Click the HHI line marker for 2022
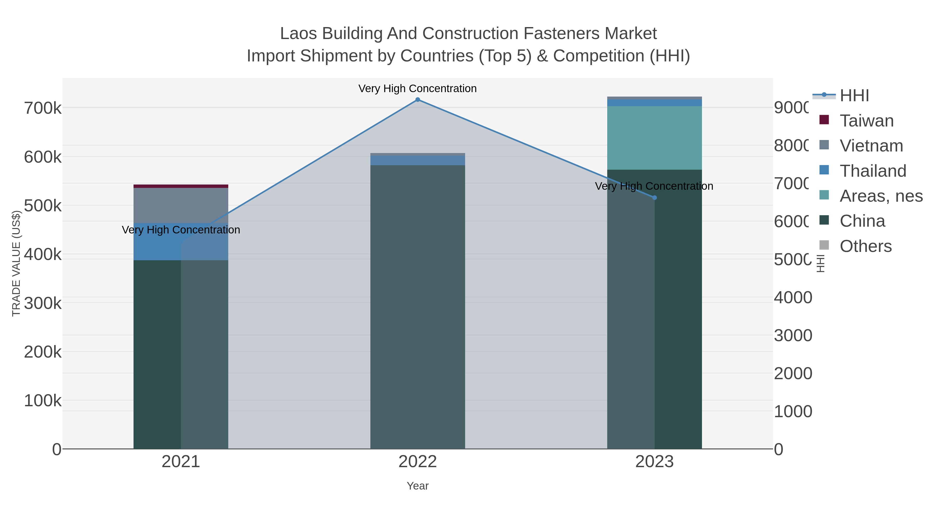[x=417, y=100]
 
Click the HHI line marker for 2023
[x=654, y=198]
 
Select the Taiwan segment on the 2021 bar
[x=181, y=186]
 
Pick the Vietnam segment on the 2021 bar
[x=181, y=206]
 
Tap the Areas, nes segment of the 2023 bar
[x=654, y=138]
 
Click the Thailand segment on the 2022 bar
[x=417, y=160]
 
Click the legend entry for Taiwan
[x=866, y=121]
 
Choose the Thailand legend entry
[x=873, y=171]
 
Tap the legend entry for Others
[x=865, y=246]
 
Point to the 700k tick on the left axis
[x=43, y=108]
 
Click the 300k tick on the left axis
[x=43, y=303]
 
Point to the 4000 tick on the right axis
[x=793, y=297]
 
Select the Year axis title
[x=417, y=486]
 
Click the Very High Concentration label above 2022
[x=417, y=89]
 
